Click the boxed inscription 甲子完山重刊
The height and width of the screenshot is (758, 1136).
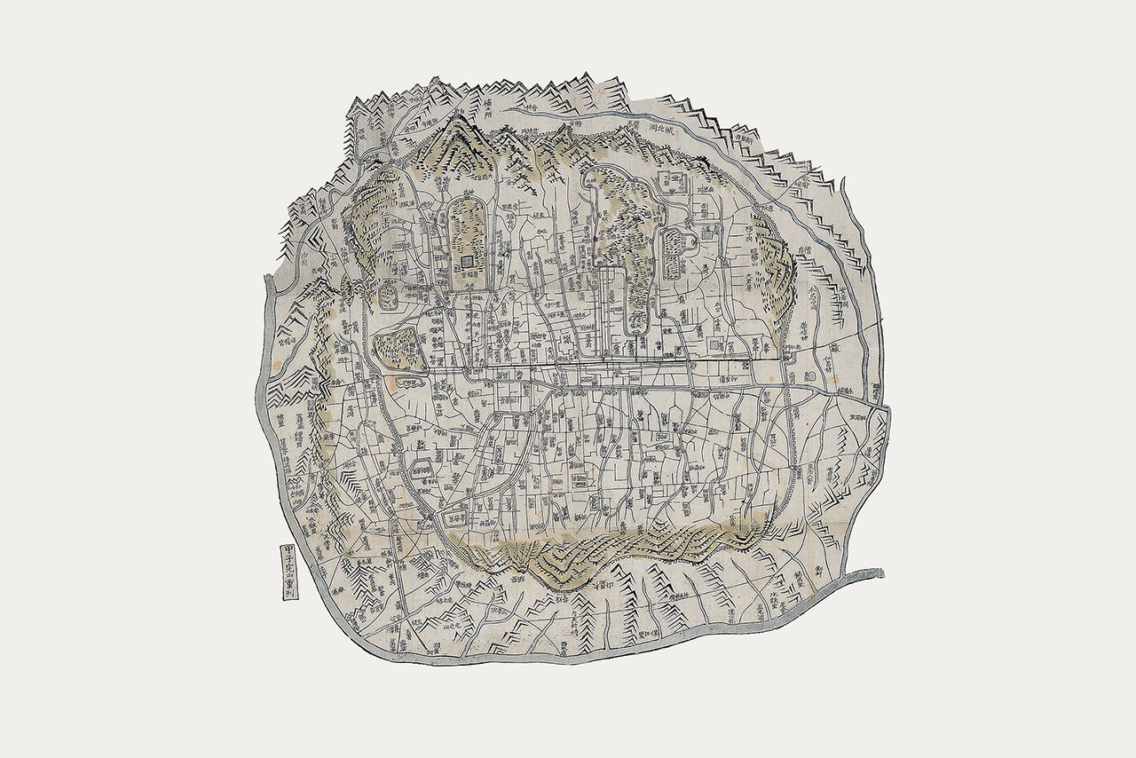[288, 572]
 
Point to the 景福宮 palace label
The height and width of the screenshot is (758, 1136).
[467, 277]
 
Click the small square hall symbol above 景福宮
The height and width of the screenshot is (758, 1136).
[467, 261]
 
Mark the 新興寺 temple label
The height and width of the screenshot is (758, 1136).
[744, 137]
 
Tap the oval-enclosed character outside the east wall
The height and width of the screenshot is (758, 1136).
[809, 376]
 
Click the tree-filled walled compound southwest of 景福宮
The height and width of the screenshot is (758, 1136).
[396, 347]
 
